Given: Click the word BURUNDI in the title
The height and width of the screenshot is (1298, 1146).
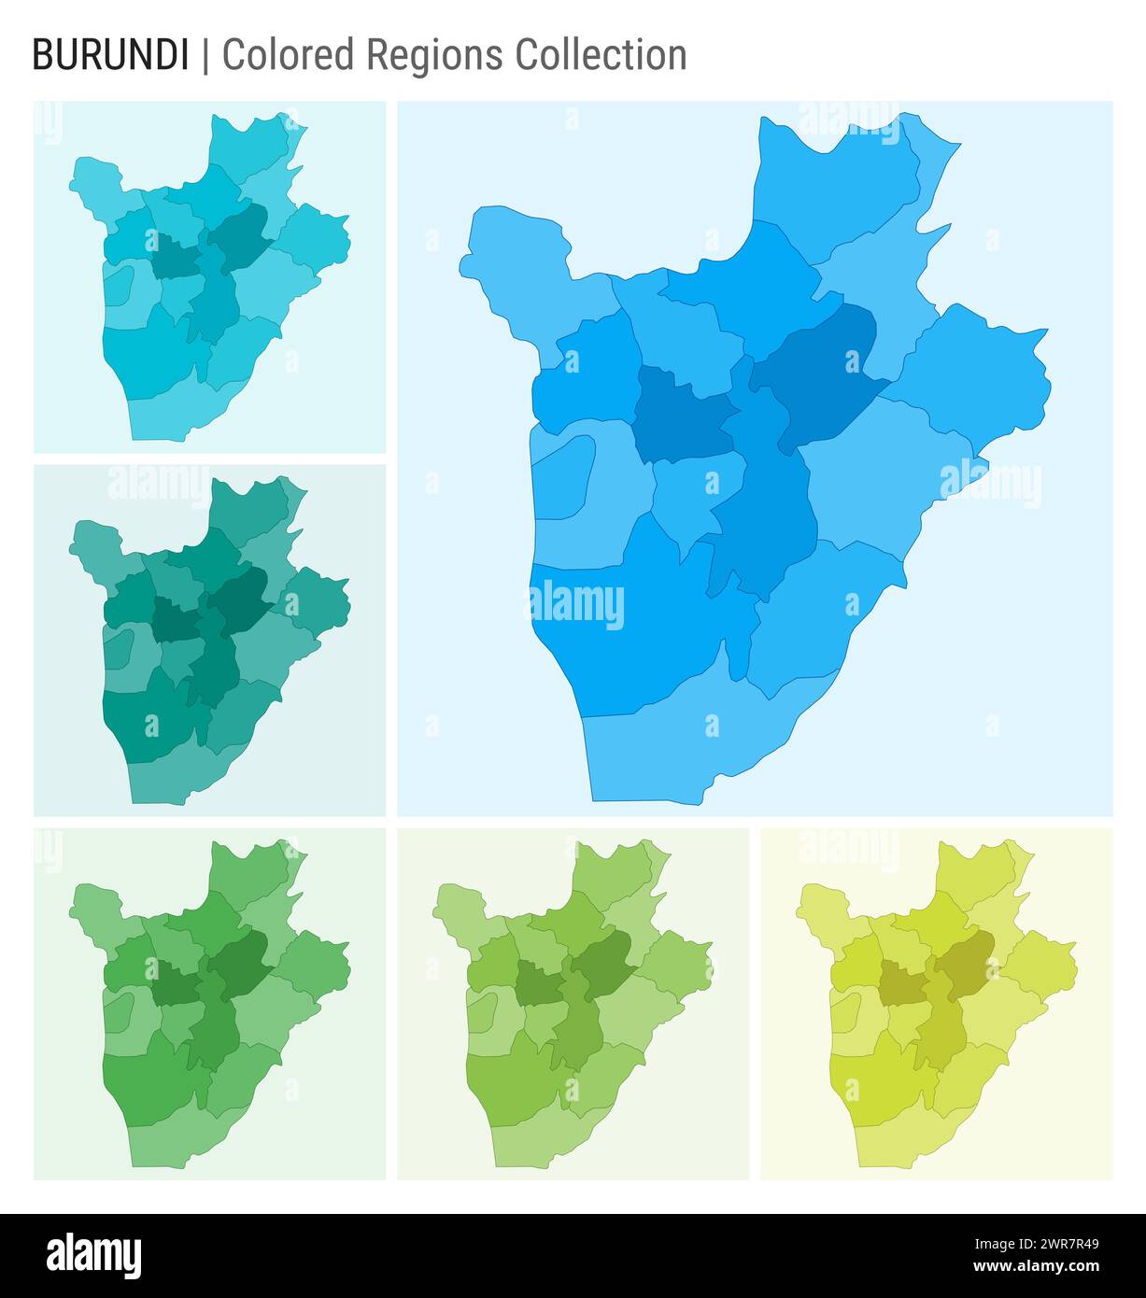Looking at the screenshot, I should [109, 55].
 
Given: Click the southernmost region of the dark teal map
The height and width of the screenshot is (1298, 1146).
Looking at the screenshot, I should [177, 775].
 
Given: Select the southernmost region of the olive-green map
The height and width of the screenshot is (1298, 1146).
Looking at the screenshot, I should [542, 1139].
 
